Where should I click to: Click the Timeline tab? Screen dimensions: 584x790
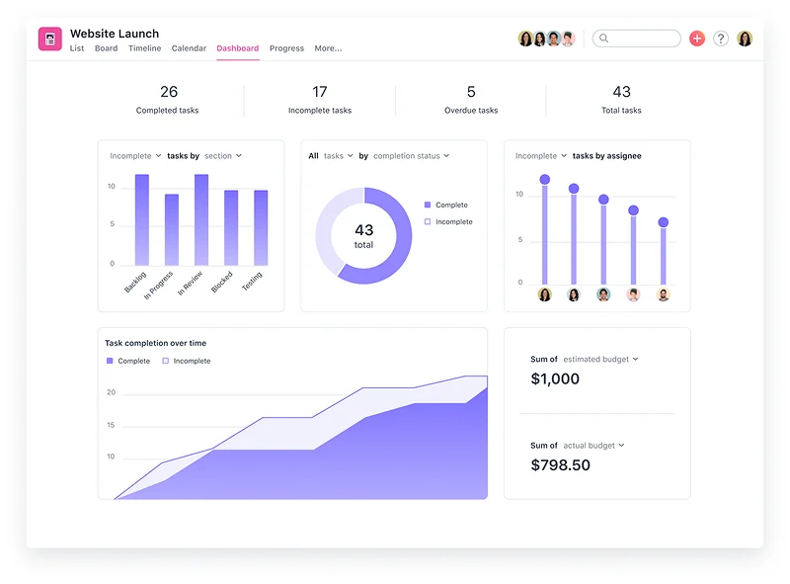pyautogui.click(x=144, y=48)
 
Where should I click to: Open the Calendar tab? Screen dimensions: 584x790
pyautogui.click(x=189, y=48)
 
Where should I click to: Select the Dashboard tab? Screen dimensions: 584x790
pyautogui.click(x=238, y=48)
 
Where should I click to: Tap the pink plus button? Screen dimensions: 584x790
pyautogui.click(x=697, y=39)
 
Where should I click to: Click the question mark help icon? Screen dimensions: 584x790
pyautogui.click(x=721, y=39)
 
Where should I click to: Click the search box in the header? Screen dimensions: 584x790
pyautogui.click(x=639, y=39)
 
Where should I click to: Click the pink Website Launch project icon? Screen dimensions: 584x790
pyautogui.click(x=50, y=39)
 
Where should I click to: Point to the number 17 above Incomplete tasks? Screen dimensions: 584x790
pyautogui.click(x=320, y=92)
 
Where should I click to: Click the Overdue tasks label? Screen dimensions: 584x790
pyautogui.click(x=471, y=111)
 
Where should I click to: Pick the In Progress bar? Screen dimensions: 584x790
pyautogui.click(x=172, y=229)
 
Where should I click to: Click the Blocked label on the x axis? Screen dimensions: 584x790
pyautogui.click(x=222, y=281)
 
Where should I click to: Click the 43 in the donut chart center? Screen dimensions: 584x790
pyautogui.click(x=363, y=230)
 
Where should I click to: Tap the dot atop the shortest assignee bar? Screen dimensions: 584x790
pyautogui.click(x=663, y=222)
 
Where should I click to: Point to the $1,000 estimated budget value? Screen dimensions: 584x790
pyautogui.click(x=555, y=378)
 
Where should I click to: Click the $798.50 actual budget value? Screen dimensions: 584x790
pyautogui.click(x=560, y=464)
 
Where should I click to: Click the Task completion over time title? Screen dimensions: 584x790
pyautogui.click(x=155, y=343)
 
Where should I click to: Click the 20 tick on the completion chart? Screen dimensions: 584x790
pyautogui.click(x=112, y=392)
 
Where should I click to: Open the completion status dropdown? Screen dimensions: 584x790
pyautogui.click(x=411, y=156)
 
